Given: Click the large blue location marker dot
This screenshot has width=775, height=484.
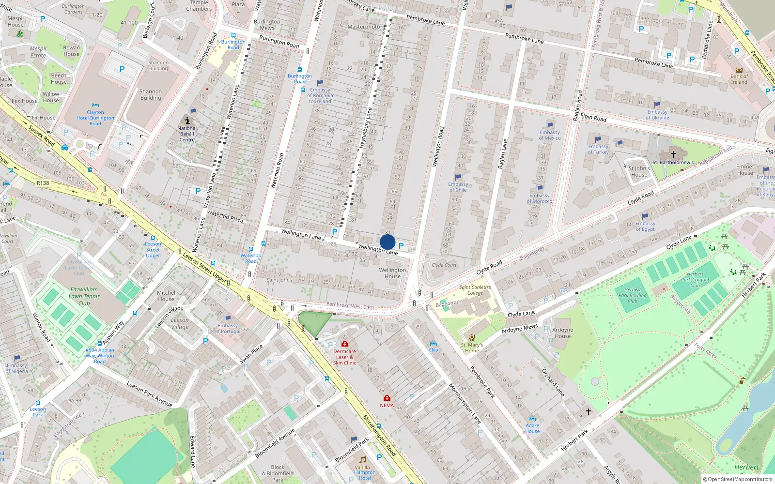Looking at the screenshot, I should pyautogui.click(x=387, y=242).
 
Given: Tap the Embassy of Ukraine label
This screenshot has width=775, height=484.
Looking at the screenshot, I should pyautogui.click(x=657, y=115).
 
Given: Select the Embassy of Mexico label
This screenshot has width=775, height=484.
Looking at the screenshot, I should pyautogui.click(x=550, y=135).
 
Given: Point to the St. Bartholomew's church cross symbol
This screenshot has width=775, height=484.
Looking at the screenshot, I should pyautogui.click(x=673, y=154).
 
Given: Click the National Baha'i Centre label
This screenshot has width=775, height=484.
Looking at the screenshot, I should pyautogui.click(x=187, y=134).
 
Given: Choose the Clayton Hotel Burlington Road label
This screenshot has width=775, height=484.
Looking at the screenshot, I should pyautogui.click(x=95, y=118).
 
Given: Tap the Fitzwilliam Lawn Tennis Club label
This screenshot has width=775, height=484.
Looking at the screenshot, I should pyautogui.click(x=84, y=296).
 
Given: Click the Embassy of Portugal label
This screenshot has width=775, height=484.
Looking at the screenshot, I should pyautogui.click(x=228, y=329).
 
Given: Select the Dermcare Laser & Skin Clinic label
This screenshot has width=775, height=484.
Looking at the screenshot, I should pyautogui.click(x=344, y=357).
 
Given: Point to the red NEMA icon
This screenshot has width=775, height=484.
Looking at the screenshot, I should pyautogui.click(x=387, y=398).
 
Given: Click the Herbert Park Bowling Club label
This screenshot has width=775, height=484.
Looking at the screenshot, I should pyautogui.click(x=633, y=295).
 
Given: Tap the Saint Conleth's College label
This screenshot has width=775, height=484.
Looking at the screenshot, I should pyautogui.click(x=475, y=290).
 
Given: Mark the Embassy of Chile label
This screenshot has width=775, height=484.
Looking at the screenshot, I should pyautogui.click(x=458, y=187).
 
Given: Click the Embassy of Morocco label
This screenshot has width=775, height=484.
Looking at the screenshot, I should pyautogui.click(x=539, y=198).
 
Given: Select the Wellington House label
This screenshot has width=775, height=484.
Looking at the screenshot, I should pyautogui.click(x=392, y=273).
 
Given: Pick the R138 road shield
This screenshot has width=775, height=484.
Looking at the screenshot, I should pyautogui.click(x=43, y=183).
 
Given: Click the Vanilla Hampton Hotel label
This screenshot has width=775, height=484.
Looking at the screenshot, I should pyautogui.click(x=364, y=473).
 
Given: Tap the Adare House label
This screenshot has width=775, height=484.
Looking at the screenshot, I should pyautogui.click(x=532, y=428).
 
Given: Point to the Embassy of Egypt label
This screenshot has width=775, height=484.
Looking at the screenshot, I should pyautogui.click(x=645, y=226).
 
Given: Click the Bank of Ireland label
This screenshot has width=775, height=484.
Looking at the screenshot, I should pyautogui.click(x=739, y=79).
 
